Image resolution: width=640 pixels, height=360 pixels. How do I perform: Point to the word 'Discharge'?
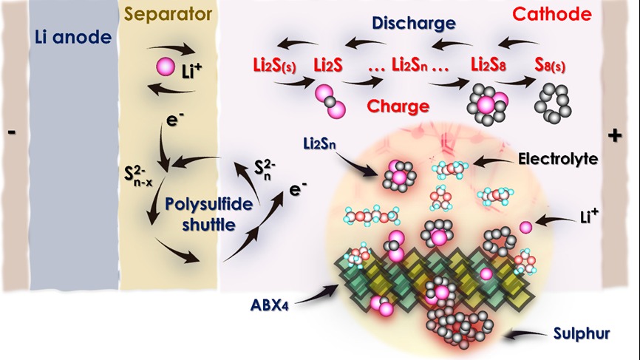click(x=413, y=23)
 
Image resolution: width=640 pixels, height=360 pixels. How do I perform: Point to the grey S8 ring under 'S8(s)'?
click(x=554, y=101)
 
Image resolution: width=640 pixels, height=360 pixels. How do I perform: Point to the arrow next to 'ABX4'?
click(x=314, y=294)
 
